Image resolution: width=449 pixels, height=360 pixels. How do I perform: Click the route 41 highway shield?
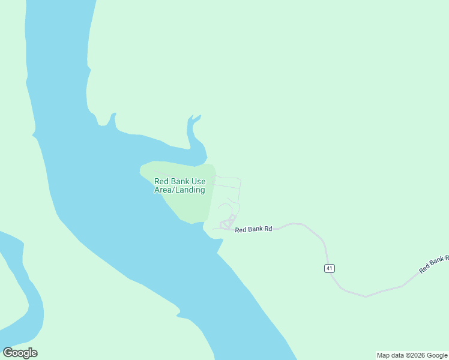point(329,268)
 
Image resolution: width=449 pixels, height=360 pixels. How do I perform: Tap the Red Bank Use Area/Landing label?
point(179,186)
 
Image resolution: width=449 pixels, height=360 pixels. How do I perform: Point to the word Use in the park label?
point(198,182)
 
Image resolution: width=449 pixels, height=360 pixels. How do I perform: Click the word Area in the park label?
point(164,190)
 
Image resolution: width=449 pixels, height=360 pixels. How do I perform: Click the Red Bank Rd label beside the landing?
point(253,229)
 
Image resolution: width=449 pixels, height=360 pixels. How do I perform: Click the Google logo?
point(20,353)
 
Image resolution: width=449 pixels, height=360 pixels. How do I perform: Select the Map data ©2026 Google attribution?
point(412,355)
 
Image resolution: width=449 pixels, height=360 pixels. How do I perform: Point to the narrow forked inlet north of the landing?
point(193,129)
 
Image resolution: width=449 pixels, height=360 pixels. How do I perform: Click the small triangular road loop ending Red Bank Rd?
point(228,224)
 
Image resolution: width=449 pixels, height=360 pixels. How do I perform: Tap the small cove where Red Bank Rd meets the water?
point(214,235)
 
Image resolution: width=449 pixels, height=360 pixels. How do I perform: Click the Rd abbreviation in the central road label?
point(268,229)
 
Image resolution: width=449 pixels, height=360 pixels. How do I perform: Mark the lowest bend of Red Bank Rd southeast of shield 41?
point(364,296)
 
